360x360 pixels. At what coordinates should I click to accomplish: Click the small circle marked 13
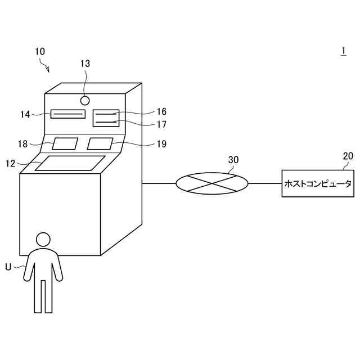(85, 101)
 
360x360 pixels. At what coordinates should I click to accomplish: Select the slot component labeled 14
(67, 115)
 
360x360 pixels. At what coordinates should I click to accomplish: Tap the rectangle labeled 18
(65, 143)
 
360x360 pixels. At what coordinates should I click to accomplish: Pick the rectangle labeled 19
(100, 143)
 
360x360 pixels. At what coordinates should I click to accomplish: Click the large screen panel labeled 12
(70, 163)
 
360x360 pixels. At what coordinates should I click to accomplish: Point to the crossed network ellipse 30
(211, 183)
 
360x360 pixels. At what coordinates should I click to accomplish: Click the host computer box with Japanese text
(318, 183)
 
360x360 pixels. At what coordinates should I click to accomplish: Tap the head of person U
(43, 239)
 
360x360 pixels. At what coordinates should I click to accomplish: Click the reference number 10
(40, 51)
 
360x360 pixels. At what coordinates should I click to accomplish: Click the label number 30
(233, 160)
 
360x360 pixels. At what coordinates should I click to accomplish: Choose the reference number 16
(161, 112)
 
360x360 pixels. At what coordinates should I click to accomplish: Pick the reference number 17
(161, 124)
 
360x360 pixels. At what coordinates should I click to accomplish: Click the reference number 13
(85, 64)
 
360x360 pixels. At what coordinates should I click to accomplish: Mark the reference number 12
(11, 163)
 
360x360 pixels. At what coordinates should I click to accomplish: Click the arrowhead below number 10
(48, 71)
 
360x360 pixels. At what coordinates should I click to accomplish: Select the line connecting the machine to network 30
(159, 183)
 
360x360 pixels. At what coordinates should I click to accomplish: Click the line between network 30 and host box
(265, 183)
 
